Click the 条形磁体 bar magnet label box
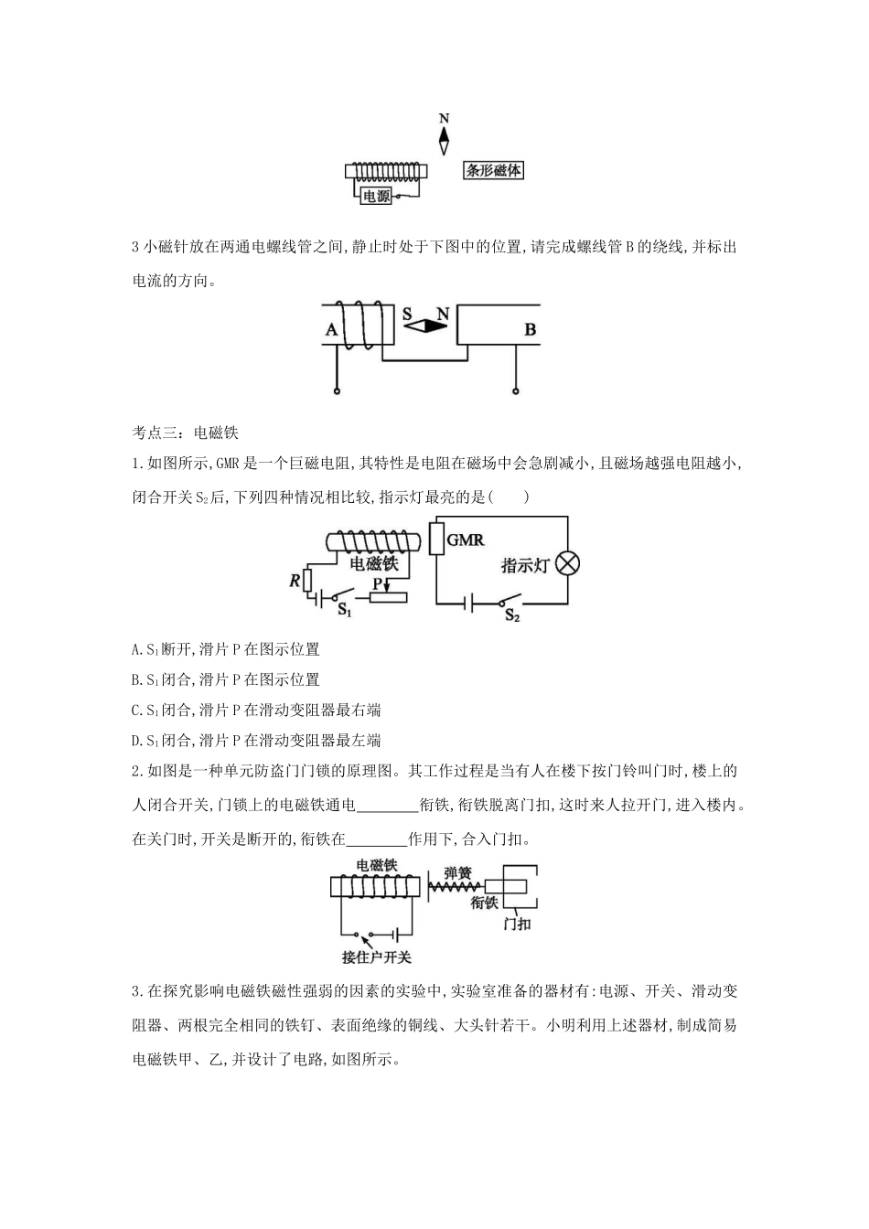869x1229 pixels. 493,170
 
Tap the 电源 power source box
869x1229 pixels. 377,195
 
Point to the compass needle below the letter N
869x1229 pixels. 445,139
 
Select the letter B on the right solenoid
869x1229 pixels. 530,329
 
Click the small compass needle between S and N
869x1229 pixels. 425,325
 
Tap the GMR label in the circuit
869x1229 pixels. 465,540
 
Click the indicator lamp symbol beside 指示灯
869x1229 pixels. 568,563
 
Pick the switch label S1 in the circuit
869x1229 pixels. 345,608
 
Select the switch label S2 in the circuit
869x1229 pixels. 512,615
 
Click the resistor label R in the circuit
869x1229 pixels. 295,579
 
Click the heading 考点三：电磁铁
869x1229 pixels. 186,433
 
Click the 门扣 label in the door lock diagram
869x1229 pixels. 518,924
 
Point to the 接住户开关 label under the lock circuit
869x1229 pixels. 377,957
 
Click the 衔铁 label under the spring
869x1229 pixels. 484,903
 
